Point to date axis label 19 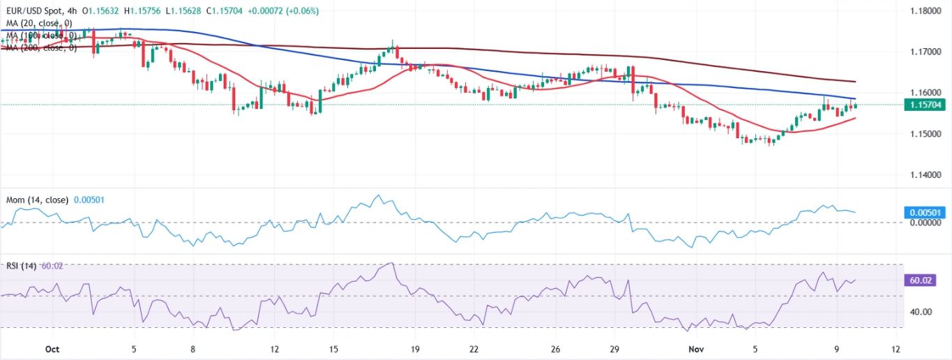[415, 349]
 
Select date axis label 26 [555, 349]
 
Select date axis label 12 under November [896, 349]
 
